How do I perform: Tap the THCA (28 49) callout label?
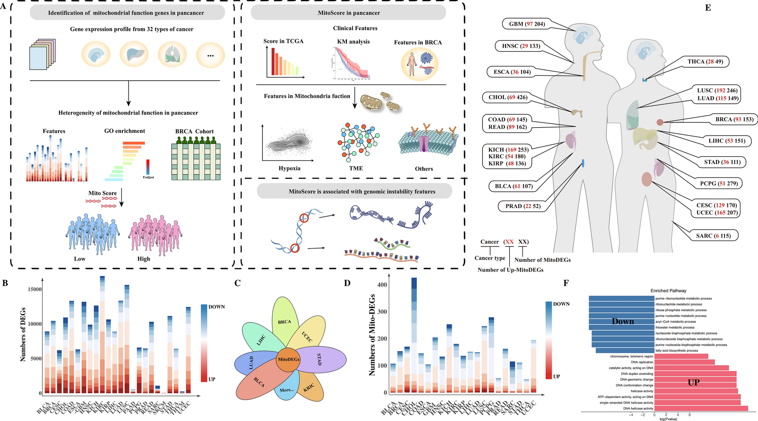(705, 61)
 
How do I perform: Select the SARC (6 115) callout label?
(713, 236)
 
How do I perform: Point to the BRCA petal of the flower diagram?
(284, 321)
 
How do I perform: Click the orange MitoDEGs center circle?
(289, 360)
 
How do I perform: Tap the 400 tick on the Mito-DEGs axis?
(382, 285)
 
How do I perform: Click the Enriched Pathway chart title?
(668, 290)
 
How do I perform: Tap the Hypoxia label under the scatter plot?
(289, 168)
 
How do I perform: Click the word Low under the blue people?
(79, 259)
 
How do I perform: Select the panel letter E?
(708, 8)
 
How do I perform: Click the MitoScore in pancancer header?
(348, 13)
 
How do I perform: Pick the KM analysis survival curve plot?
(351, 63)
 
